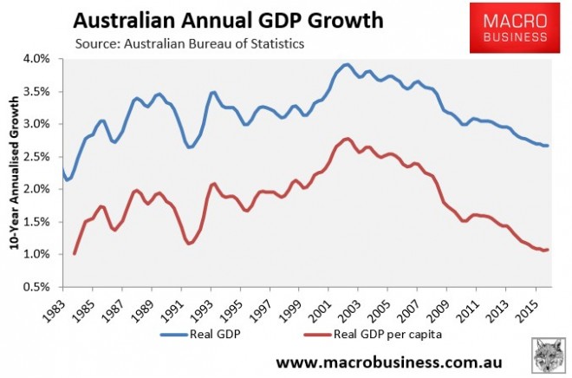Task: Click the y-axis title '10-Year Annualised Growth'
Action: [15, 173]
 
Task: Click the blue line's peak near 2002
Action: [346, 64]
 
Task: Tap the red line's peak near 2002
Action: [346, 139]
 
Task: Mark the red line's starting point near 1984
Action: [75, 253]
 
